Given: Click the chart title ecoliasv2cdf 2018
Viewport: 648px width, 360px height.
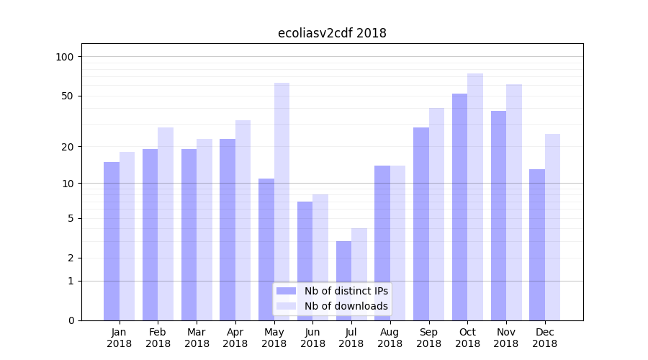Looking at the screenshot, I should pos(332,33).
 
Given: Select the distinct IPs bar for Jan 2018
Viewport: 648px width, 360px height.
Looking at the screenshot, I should pos(112,240).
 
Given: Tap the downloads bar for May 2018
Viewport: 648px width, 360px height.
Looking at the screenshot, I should pos(282,202).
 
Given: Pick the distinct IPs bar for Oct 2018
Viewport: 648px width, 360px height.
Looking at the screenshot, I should pos(459,207).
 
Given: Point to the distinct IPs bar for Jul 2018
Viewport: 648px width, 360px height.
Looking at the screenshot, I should pos(343,280).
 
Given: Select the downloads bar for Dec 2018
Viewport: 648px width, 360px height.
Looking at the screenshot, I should pos(552,227).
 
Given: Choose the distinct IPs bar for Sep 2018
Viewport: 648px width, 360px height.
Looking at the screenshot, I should pos(421,223).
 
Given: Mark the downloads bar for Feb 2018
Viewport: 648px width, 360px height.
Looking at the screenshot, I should pos(166,223).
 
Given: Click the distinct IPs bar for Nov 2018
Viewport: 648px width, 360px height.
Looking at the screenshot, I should pos(498,215).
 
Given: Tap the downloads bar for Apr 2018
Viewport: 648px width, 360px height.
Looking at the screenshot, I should pos(243,220).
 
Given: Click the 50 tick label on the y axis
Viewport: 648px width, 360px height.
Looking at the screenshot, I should pos(68,96).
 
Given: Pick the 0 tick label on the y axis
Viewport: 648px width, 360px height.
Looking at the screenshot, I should pos(71,320).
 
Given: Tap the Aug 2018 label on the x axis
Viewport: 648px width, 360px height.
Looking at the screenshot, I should pos(390,338).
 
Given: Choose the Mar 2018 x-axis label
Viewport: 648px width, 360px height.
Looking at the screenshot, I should pos(197,338).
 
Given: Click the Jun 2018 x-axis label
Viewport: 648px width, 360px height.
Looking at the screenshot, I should pos(312,338).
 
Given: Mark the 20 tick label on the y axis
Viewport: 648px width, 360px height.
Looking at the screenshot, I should pos(68,147).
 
